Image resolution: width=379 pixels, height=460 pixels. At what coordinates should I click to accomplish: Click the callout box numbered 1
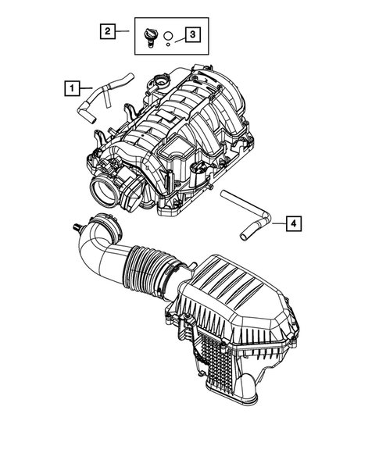click(x=72, y=89)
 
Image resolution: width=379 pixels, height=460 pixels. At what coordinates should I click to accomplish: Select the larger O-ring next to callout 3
click(x=167, y=35)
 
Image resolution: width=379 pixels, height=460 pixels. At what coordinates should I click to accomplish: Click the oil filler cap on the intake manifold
click(x=163, y=81)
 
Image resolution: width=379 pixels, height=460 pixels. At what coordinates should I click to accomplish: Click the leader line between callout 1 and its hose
click(x=85, y=89)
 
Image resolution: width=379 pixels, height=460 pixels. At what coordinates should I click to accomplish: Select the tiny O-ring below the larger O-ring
click(x=167, y=45)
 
